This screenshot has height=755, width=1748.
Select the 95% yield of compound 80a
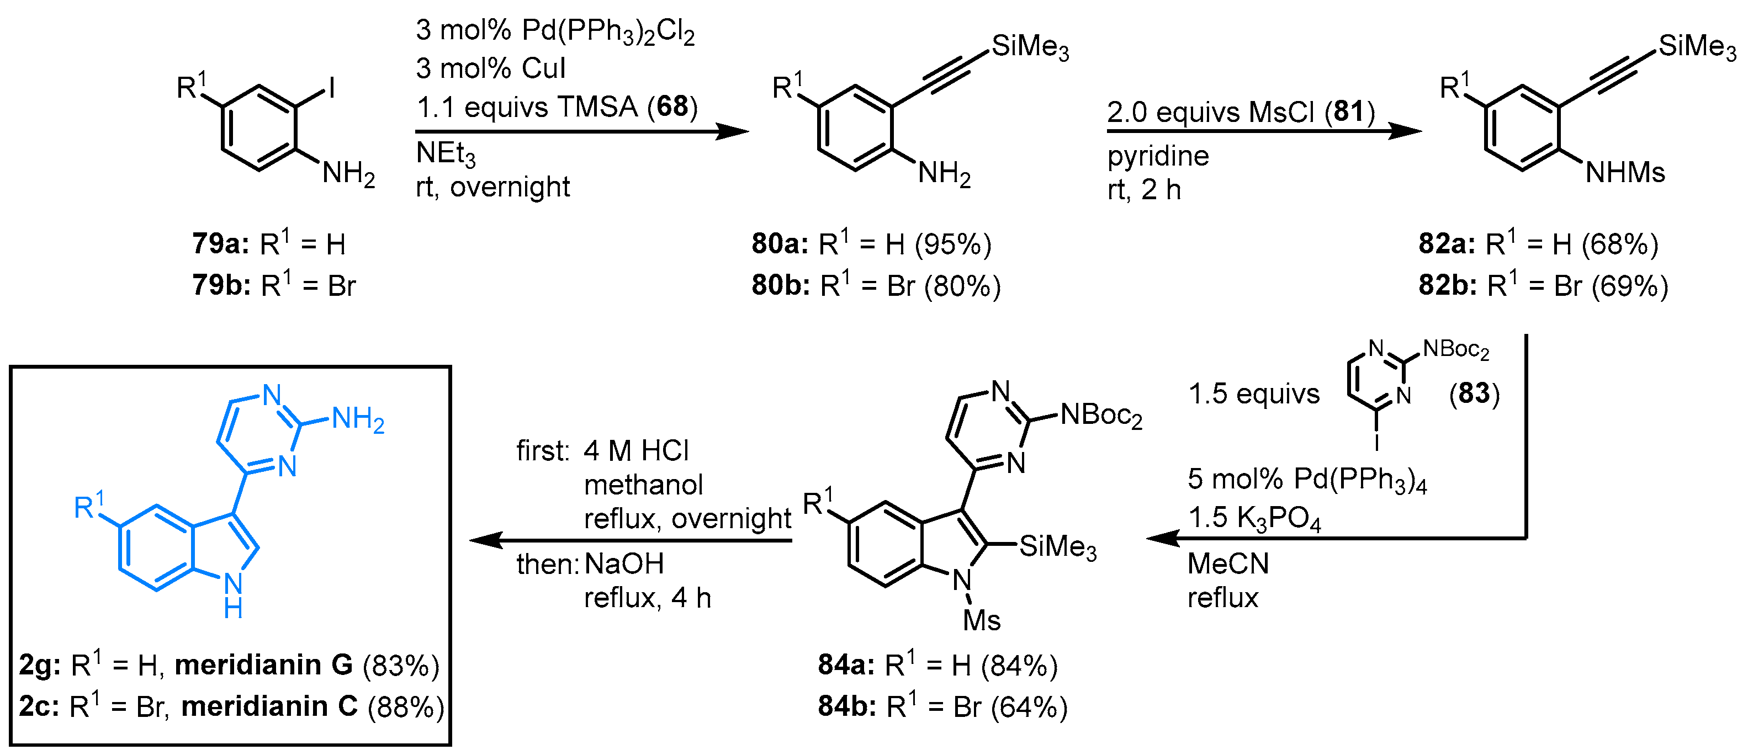(952, 244)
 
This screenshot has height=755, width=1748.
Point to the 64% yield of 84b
(1029, 708)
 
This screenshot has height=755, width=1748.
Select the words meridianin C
(269, 707)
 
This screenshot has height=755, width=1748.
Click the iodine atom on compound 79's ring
(332, 88)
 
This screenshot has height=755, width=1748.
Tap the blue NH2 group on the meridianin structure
(358, 420)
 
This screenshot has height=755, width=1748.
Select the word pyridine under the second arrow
(1158, 157)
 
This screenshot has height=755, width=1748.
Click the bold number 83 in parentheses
(1474, 394)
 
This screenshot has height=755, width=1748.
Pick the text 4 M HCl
(636, 451)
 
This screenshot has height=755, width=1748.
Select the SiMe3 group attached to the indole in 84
(1057, 547)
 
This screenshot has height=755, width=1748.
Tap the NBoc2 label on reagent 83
(1455, 350)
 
